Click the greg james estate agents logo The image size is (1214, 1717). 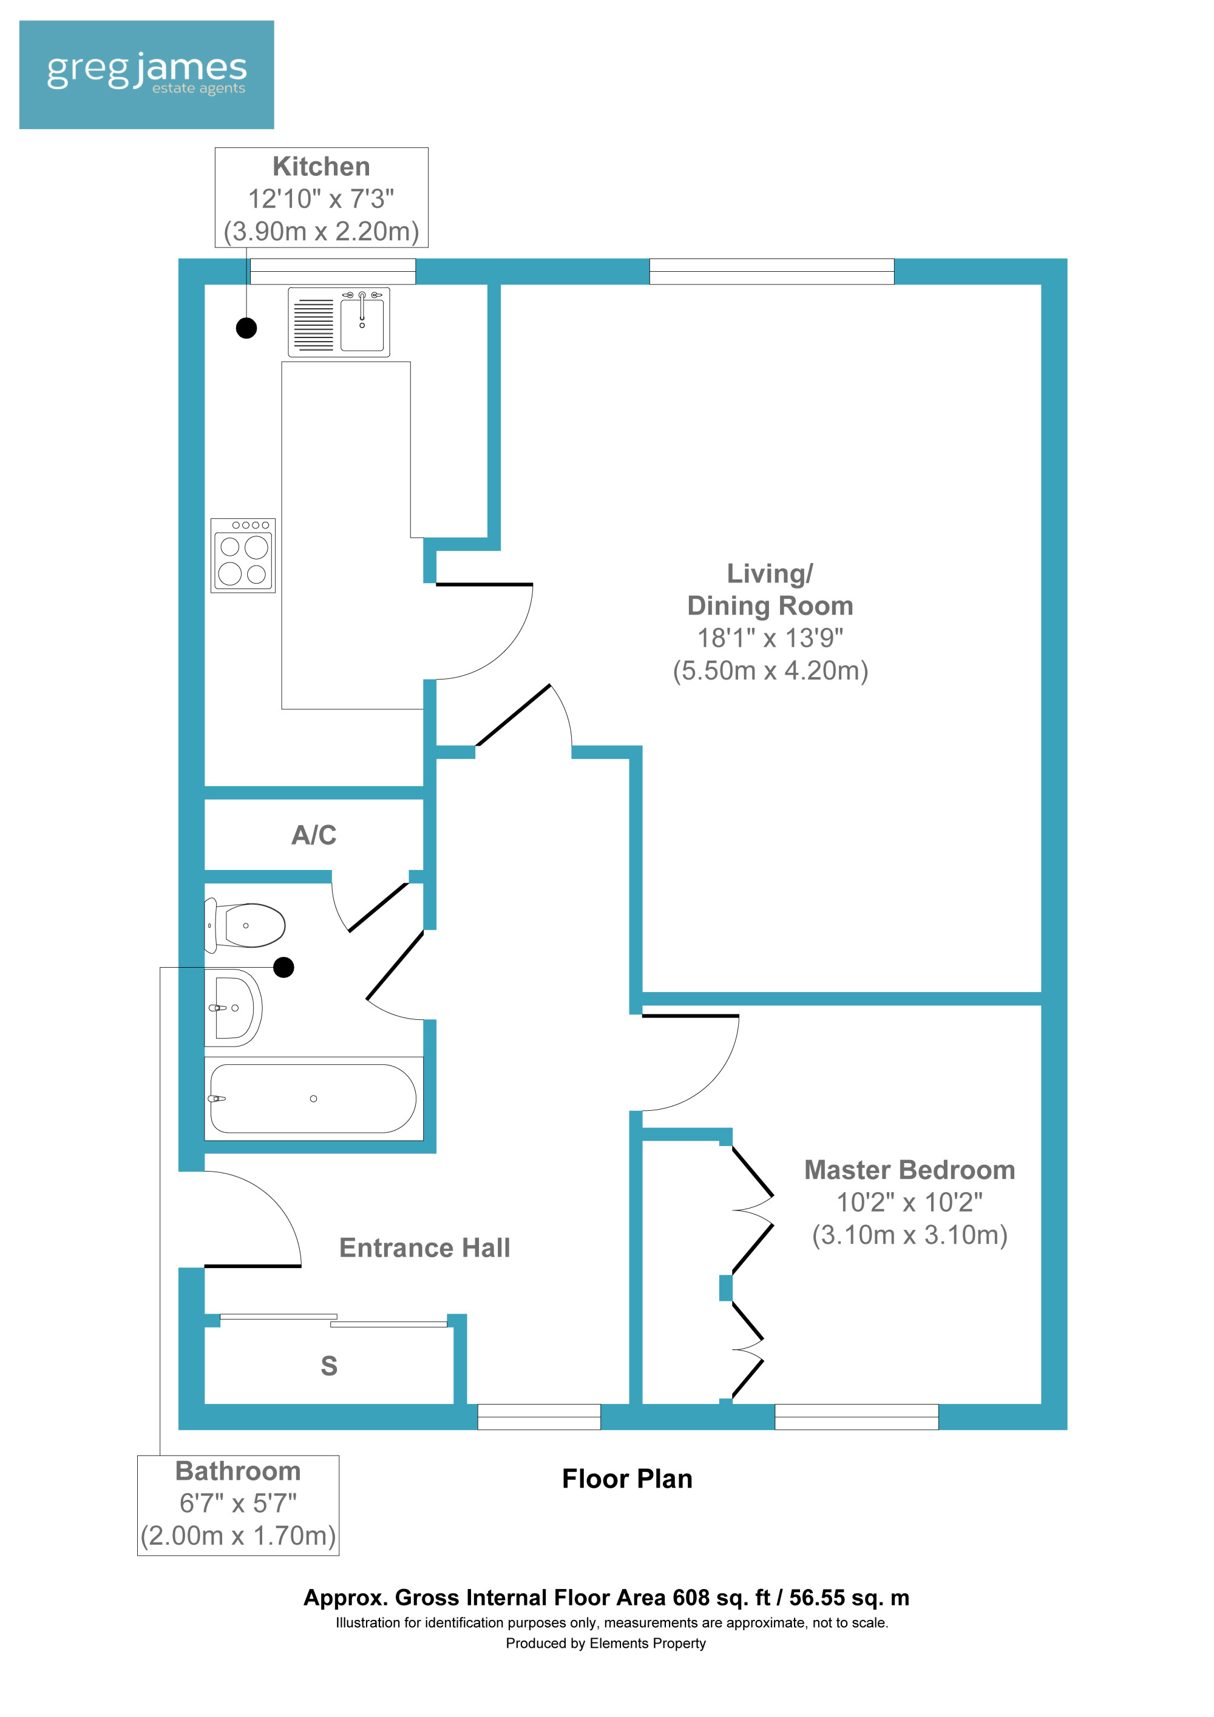tap(147, 75)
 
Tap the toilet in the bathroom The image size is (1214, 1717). tap(245, 925)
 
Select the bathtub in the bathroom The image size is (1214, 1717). tap(313, 1099)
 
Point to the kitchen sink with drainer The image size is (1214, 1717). tap(339, 322)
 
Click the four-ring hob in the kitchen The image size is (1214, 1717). tap(243, 556)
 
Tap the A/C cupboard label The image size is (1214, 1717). tap(314, 835)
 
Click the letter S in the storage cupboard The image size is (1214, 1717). tap(329, 1366)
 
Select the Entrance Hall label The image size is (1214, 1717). tap(425, 1247)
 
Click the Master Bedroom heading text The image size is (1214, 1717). tap(909, 1170)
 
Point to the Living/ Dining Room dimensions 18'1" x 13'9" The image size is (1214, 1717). tap(770, 638)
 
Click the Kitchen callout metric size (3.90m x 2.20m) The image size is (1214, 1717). tap(322, 231)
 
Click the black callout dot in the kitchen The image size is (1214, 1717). tap(247, 328)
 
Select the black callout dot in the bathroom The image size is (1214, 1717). tap(283, 968)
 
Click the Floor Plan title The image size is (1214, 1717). tap(627, 1479)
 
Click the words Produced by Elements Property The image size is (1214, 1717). tap(606, 1643)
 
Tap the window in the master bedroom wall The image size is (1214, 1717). tap(856, 1417)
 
